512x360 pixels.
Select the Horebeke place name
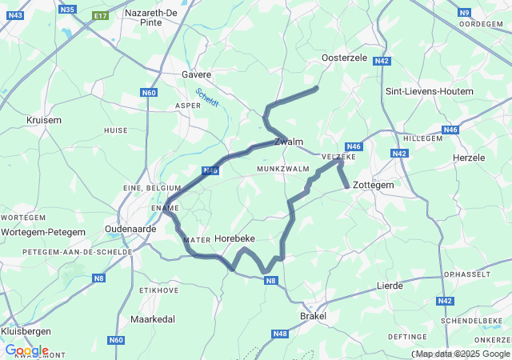[x=235, y=238]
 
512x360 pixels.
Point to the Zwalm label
[x=289, y=142]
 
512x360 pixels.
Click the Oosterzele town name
[x=344, y=58]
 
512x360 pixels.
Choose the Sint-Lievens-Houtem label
[x=430, y=91]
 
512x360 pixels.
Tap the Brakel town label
[x=313, y=316]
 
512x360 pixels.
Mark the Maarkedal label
[x=152, y=319]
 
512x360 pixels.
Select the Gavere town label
[x=196, y=74]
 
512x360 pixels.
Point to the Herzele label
[x=469, y=158]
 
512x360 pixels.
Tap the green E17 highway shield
[x=100, y=16]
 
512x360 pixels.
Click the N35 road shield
[x=67, y=10]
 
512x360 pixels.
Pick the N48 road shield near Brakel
[x=279, y=334]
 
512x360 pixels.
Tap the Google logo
[x=26, y=350]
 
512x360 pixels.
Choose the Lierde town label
[x=390, y=285]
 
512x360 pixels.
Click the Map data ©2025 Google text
[x=462, y=354]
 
